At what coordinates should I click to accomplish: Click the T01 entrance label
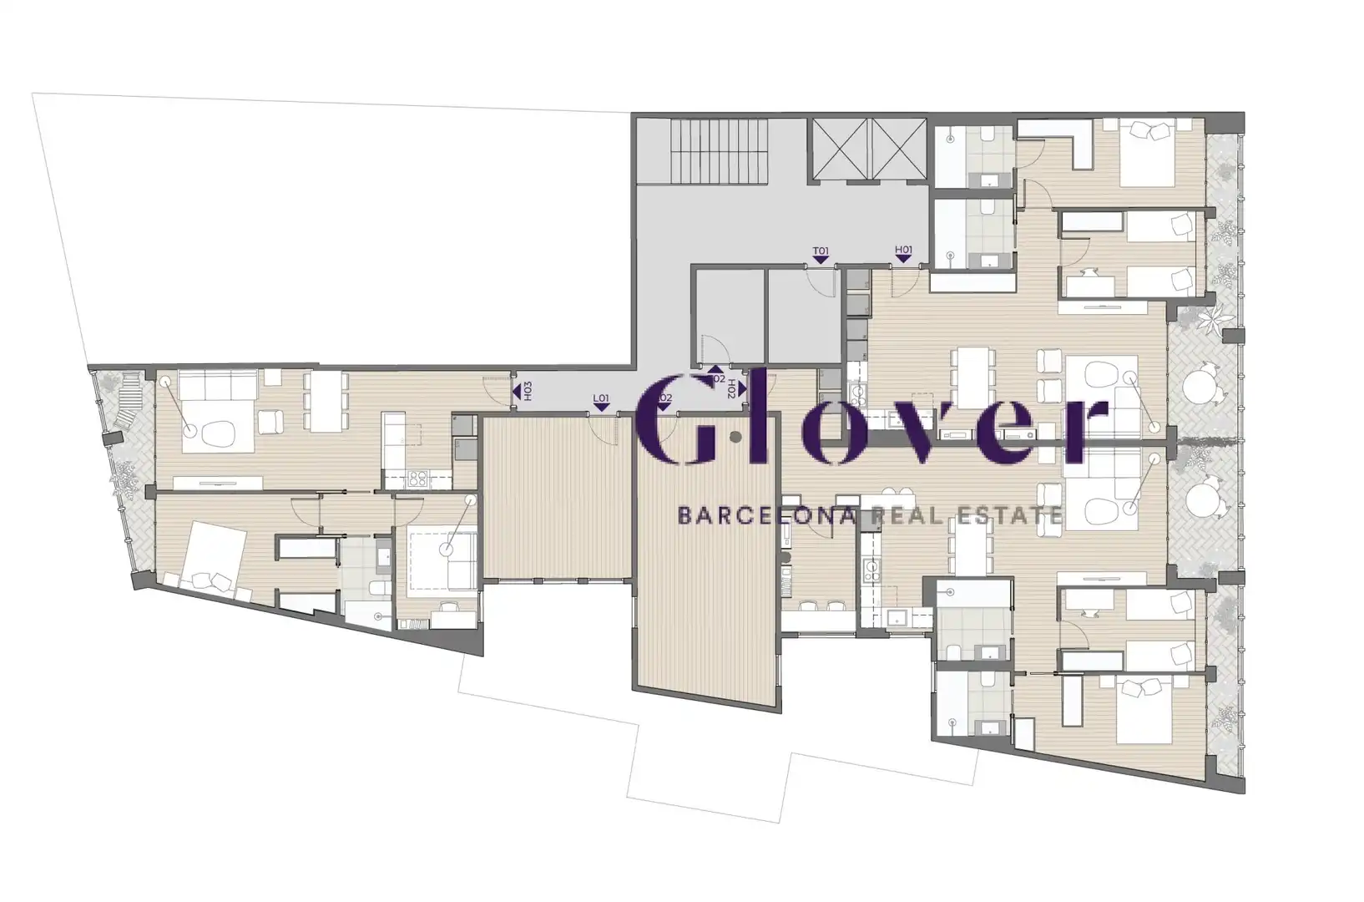(821, 251)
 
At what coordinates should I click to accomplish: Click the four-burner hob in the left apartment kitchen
(417, 479)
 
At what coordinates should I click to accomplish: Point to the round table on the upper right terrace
(1203, 387)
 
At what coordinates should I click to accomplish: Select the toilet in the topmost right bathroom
(985, 134)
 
